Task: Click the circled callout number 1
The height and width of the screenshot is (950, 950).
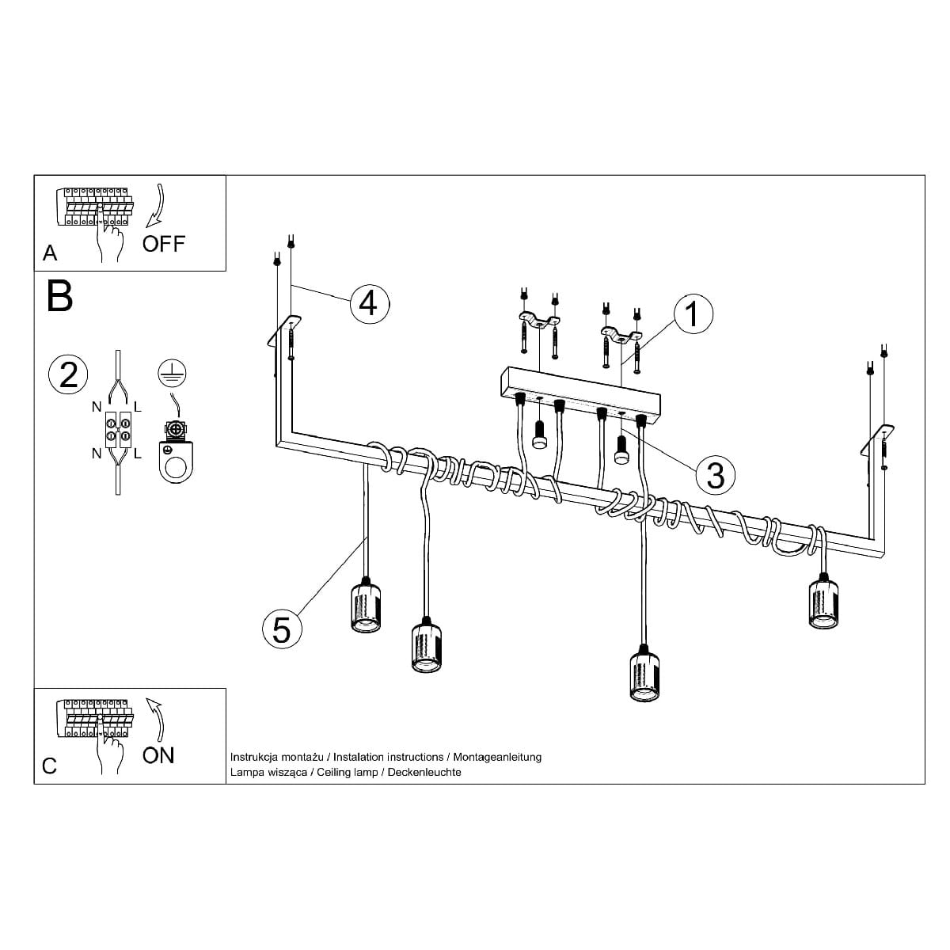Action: (693, 313)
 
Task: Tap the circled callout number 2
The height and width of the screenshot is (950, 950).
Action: (68, 374)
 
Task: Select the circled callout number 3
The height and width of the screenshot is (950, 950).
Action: (715, 475)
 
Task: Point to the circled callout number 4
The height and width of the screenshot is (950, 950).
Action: (369, 303)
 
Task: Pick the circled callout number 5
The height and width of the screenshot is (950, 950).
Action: (282, 629)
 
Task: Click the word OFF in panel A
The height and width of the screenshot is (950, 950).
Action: (164, 244)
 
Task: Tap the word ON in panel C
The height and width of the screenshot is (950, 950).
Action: (158, 755)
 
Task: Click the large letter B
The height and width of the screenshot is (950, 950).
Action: (59, 296)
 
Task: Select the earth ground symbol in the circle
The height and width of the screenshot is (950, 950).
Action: (172, 373)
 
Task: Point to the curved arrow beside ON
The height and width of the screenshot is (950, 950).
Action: (158, 720)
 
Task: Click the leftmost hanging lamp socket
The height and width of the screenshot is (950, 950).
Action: (366, 606)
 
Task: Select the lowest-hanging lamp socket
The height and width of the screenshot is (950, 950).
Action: (644, 673)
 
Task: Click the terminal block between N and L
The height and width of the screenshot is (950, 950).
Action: (118, 429)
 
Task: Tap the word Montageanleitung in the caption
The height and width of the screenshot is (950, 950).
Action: (497, 757)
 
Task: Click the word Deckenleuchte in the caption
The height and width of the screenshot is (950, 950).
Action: (424, 772)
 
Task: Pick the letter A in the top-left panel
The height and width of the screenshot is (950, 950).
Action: (50, 253)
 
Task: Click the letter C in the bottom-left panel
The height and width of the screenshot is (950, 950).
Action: (49, 766)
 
